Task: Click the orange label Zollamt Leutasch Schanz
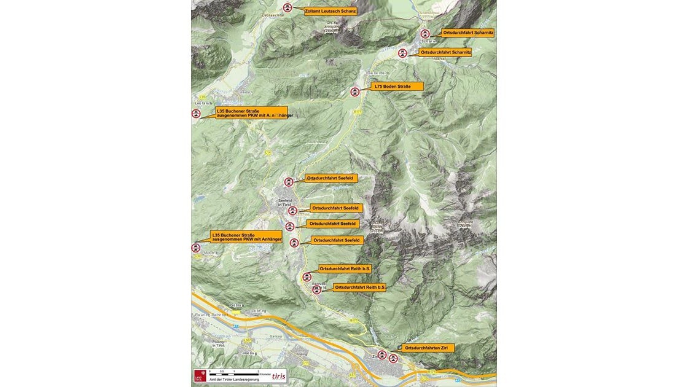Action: pyautogui.click(x=330, y=10)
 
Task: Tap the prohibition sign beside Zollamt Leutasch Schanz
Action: pyautogui.click(x=287, y=8)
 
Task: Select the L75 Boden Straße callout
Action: pyautogui.click(x=397, y=87)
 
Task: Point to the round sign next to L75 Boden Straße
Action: pyautogui.click(x=355, y=92)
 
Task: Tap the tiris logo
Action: pyautogui.click(x=278, y=376)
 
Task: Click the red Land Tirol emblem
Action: pyautogui.click(x=199, y=375)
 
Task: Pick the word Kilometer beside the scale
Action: pyautogui.click(x=265, y=373)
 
